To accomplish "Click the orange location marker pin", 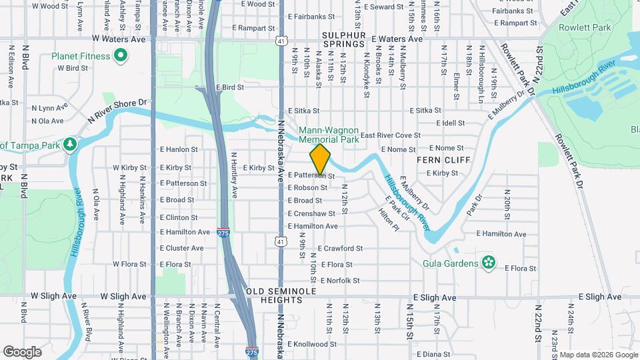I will pos(320,159).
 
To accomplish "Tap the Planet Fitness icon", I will pos(121,57).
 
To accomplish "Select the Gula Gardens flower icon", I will pos(489,263).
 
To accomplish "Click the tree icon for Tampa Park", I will pos(70,145).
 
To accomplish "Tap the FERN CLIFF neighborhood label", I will pos(444,161).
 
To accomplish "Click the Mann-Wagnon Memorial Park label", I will pos(329,135).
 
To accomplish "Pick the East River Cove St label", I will pos(391,135).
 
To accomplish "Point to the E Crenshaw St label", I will pos(311,213).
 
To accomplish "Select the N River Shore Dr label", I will pos(117,111).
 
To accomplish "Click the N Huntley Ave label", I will pos(234,175).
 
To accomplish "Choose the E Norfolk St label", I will pos(340,281).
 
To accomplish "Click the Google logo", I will pos(22,351).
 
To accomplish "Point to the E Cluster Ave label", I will pos(181,247).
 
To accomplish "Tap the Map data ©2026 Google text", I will pos(597,355).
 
